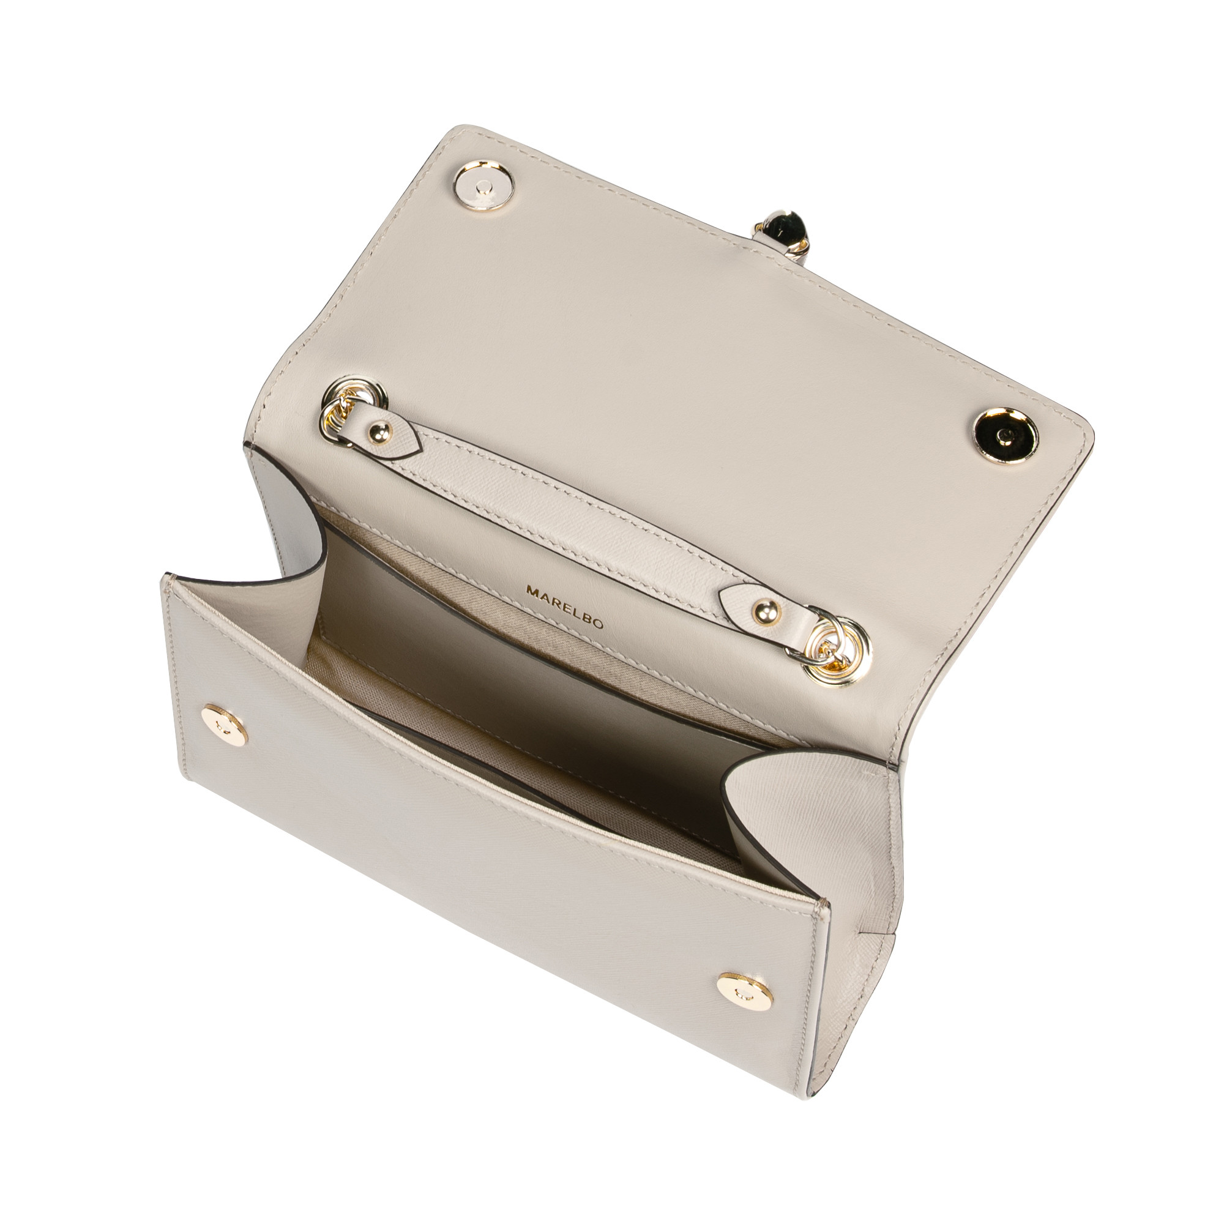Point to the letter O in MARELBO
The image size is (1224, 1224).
pos(598,624)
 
